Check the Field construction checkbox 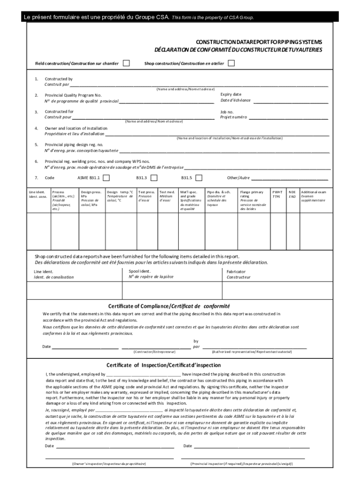tap(126, 63)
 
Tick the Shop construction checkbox tap(231, 63)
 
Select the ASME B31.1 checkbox tap(106, 178)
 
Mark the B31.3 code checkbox tap(154, 178)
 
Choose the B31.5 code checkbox tap(199, 178)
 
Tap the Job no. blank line tap(288, 118)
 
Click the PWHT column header tap(277, 192)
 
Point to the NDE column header tap(292, 192)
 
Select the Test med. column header tap(167, 192)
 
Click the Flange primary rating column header tap(252, 192)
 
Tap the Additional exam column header tap(314, 192)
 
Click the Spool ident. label tap(140, 271)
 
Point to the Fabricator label tap(236, 272)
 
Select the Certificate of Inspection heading tap(163, 365)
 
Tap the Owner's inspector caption tap(108, 464)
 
